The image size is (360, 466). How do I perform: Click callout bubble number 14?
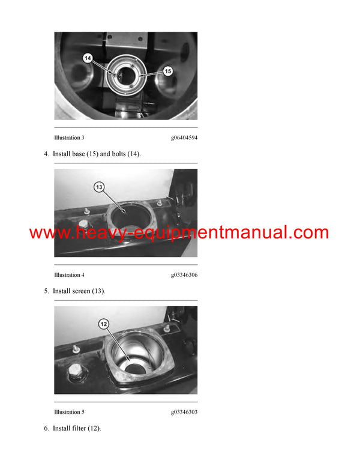[x=88, y=58]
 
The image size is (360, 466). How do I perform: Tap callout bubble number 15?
[x=168, y=71]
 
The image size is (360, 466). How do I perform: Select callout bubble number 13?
[x=99, y=187]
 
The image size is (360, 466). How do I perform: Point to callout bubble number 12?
[x=103, y=324]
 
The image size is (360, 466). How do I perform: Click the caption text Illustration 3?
[x=69, y=138]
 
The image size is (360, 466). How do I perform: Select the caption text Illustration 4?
[x=69, y=274]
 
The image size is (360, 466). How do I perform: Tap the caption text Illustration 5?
[x=69, y=412]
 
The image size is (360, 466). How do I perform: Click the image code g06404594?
[x=184, y=138]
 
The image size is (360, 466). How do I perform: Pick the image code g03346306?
[x=184, y=274]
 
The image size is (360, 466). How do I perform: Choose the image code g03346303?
[x=184, y=412]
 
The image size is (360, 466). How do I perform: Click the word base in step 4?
[x=79, y=154]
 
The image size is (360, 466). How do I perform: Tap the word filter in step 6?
[x=79, y=429]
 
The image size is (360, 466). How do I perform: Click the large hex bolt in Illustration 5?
[x=76, y=372]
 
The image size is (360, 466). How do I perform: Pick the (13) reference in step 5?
[x=98, y=291]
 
